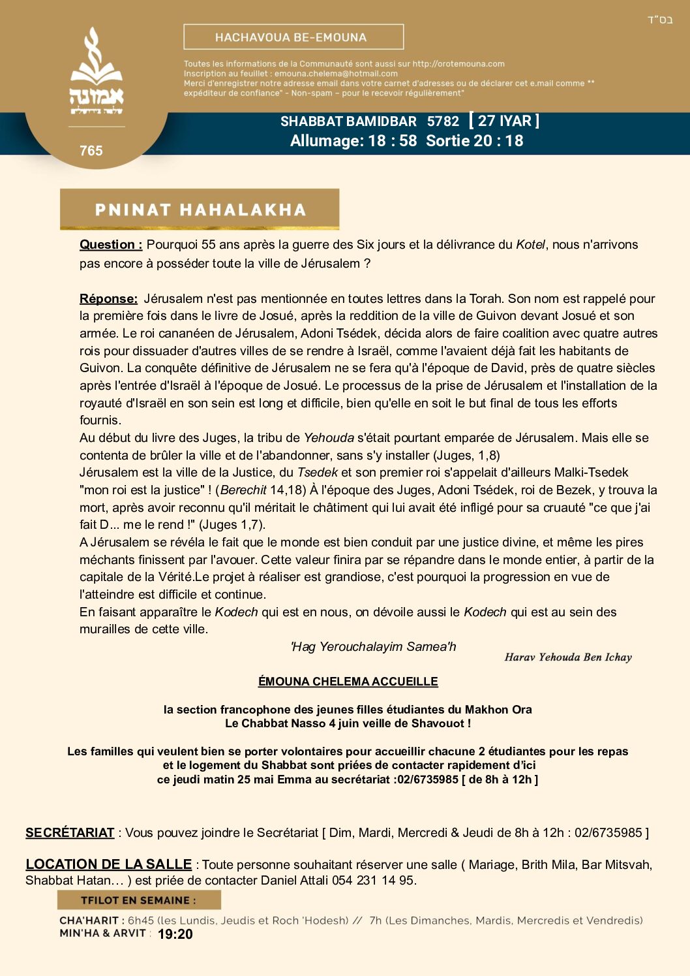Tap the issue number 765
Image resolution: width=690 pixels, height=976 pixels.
tap(91, 151)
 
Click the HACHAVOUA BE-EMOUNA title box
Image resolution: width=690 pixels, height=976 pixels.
tap(293, 37)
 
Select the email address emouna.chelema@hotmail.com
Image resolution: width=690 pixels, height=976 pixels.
tap(336, 74)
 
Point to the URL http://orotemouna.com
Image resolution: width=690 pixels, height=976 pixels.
tap(458, 64)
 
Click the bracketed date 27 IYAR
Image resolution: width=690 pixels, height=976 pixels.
tap(504, 121)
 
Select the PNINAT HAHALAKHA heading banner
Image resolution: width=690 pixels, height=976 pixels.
tap(200, 210)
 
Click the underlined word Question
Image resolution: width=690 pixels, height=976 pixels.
tap(111, 245)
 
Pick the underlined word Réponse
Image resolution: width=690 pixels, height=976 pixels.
tap(108, 299)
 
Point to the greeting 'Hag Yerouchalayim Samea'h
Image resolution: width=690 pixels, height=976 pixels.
tap(373, 647)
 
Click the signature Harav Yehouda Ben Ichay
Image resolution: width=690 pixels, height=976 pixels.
tap(568, 657)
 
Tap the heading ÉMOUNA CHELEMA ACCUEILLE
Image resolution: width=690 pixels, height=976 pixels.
tap(348, 682)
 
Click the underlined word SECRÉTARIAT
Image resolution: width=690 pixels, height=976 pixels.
tap(70, 833)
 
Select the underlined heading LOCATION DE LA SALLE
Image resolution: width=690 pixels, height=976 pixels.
tap(108, 864)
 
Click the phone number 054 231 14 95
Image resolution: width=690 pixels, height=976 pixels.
tap(373, 881)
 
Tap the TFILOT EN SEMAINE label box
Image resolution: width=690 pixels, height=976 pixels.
tap(139, 900)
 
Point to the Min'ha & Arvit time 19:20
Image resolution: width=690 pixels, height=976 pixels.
tap(175, 934)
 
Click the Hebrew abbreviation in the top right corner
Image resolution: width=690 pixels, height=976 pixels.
tap(659, 20)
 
